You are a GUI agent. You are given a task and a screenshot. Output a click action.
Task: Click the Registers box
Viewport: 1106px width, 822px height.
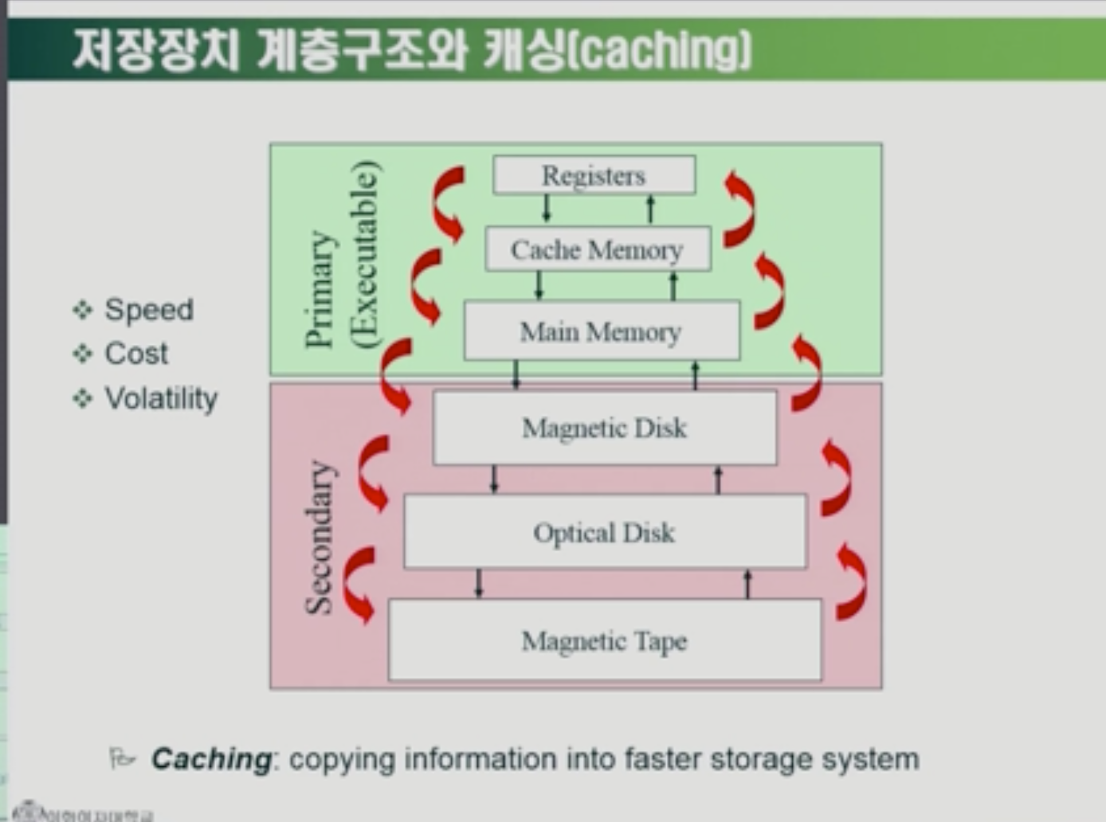point(594,175)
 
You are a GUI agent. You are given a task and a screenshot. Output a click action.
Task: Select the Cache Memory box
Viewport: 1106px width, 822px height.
point(597,249)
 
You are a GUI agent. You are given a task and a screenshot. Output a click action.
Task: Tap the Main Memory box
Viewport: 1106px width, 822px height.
point(601,331)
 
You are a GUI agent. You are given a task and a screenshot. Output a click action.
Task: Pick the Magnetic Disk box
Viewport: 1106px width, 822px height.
point(604,428)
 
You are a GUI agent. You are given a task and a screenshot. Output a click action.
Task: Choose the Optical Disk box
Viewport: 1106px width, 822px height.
point(605,532)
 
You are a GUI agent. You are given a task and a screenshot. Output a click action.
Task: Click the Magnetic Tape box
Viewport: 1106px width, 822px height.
point(604,640)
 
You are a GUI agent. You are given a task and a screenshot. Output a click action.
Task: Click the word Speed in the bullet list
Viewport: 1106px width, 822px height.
point(149,309)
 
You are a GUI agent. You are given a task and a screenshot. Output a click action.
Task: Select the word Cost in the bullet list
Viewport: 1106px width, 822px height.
point(136,353)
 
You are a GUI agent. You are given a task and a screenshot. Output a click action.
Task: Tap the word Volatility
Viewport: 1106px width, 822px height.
point(161,397)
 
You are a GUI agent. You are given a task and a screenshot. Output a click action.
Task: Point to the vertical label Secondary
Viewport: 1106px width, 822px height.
point(320,537)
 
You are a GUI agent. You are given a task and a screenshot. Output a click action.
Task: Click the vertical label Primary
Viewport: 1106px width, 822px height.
point(320,289)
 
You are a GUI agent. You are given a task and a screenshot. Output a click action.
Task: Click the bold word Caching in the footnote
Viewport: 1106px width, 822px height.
point(211,758)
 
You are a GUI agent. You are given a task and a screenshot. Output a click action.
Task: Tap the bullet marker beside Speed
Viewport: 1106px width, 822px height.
point(82,309)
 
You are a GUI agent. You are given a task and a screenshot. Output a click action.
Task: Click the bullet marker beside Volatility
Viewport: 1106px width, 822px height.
point(82,397)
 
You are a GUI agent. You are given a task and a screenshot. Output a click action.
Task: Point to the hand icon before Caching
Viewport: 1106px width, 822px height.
point(121,757)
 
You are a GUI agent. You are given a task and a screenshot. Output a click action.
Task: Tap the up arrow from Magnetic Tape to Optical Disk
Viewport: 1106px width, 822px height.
point(747,584)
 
